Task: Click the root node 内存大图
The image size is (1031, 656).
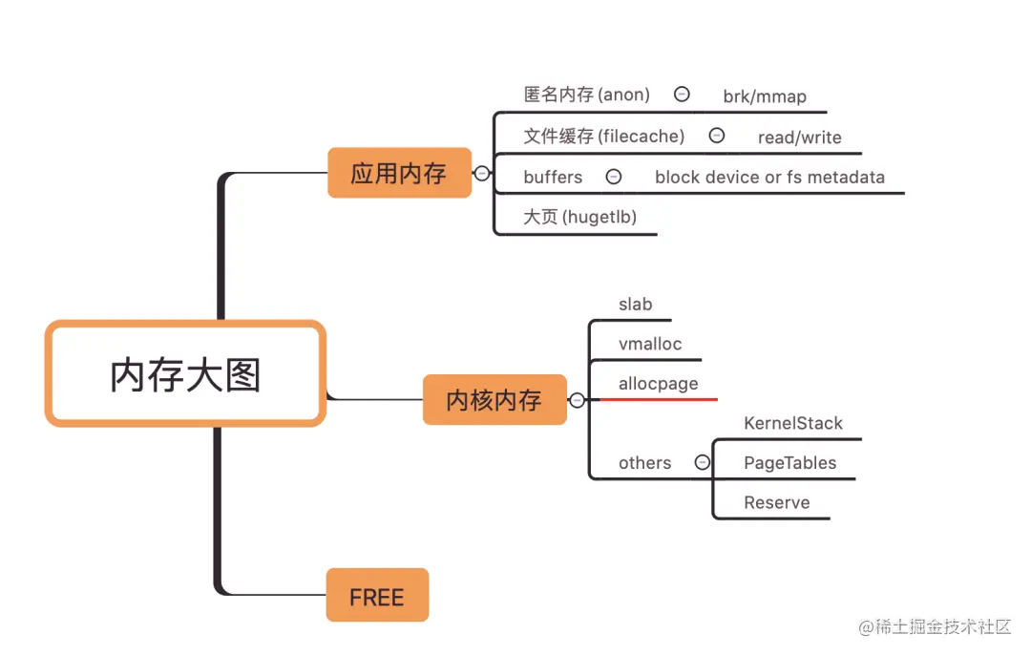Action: (x=185, y=373)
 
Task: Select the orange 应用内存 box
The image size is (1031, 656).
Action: (x=399, y=173)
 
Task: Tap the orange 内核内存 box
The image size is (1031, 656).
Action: (x=494, y=400)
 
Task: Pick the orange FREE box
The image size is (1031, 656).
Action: (x=377, y=597)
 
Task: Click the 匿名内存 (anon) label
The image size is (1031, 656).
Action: (x=587, y=95)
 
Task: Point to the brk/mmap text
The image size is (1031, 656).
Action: (x=765, y=96)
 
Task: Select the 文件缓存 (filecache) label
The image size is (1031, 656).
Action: (x=604, y=137)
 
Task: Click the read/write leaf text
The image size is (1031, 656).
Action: (x=800, y=138)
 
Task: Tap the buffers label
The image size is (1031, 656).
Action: (x=553, y=177)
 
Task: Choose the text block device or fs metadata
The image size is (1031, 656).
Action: (x=769, y=177)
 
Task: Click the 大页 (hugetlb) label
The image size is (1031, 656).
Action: (x=580, y=217)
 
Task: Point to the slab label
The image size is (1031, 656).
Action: (x=636, y=305)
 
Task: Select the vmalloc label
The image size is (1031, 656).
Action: (x=650, y=344)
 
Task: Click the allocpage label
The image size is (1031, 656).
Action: (x=659, y=384)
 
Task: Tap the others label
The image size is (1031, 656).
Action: (x=645, y=463)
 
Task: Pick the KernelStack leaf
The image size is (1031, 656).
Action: (x=793, y=423)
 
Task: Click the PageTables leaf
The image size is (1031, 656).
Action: (x=790, y=463)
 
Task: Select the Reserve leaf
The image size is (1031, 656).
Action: (x=777, y=503)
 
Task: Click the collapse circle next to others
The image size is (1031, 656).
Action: (x=703, y=462)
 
